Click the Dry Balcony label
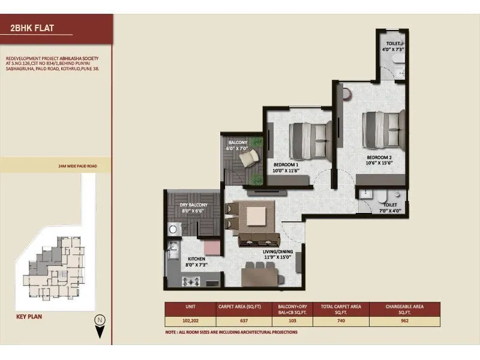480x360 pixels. point(194,208)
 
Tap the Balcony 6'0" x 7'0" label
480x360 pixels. point(236,145)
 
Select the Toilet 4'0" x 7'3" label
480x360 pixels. point(394,46)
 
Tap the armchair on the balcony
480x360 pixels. point(248,157)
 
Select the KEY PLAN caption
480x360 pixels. point(28,314)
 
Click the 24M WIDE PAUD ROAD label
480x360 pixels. point(77,165)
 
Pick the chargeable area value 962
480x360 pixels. point(405,321)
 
